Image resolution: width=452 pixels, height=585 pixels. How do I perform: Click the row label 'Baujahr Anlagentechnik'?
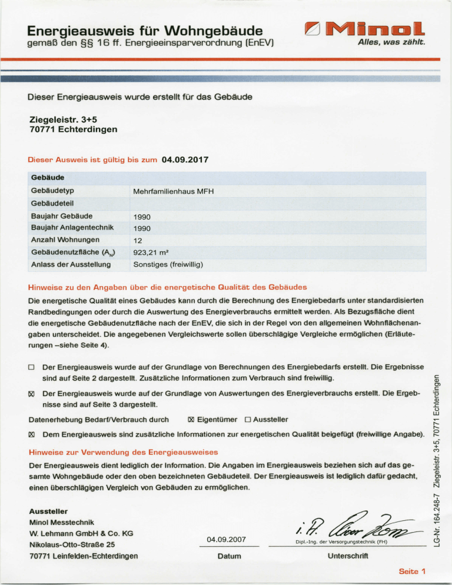click(71, 227)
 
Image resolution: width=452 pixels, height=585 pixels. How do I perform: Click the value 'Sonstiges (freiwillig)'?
click(168, 264)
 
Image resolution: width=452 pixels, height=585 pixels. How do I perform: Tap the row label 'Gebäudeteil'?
click(54, 203)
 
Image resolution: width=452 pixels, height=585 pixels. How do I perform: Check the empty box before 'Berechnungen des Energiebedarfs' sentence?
click(32, 367)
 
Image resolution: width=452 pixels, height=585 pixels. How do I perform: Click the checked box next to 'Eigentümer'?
click(191, 420)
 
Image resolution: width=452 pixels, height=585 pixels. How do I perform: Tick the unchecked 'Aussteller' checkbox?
click(248, 420)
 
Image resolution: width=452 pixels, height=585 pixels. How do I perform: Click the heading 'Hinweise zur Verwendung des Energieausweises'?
click(124, 452)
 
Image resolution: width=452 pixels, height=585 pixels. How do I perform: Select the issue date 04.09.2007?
click(227, 540)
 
